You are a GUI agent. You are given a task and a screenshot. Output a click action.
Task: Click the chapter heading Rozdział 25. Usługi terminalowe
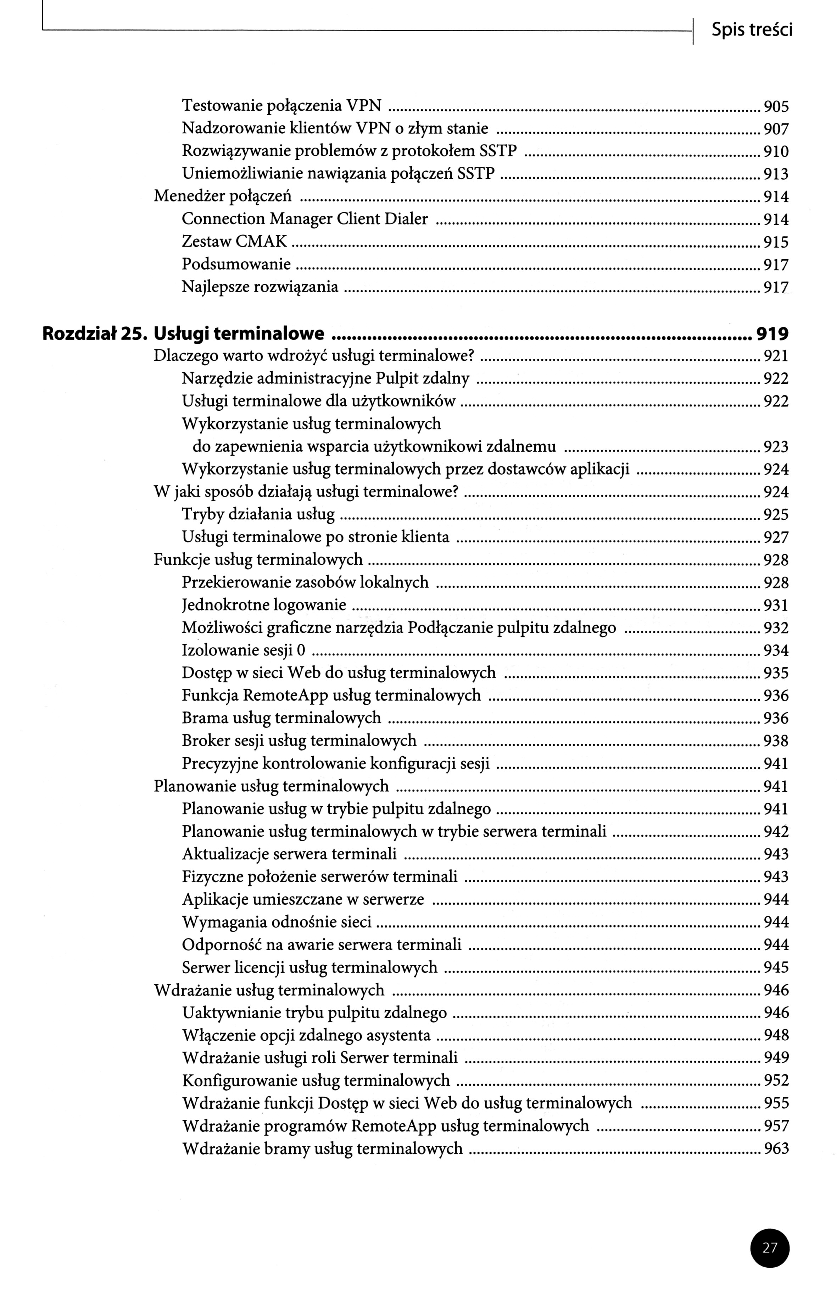(x=184, y=333)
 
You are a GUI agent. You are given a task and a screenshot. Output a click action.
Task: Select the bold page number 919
(x=772, y=334)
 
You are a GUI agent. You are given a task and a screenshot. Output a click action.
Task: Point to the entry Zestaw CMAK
(x=235, y=241)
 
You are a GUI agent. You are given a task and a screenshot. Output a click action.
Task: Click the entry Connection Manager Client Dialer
(x=305, y=218)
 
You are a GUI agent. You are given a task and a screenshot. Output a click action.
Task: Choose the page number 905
(x=776, y=106)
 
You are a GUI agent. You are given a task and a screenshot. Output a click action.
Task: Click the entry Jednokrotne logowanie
(x=264, y=604)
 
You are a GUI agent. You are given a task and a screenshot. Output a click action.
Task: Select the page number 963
(x=776, y=1148)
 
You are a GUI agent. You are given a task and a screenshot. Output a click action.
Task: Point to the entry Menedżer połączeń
(x=223, y=196)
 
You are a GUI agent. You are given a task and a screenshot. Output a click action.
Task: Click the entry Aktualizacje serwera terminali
(x=289, y=854)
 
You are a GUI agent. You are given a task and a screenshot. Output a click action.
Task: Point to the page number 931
(x=776, y=605)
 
